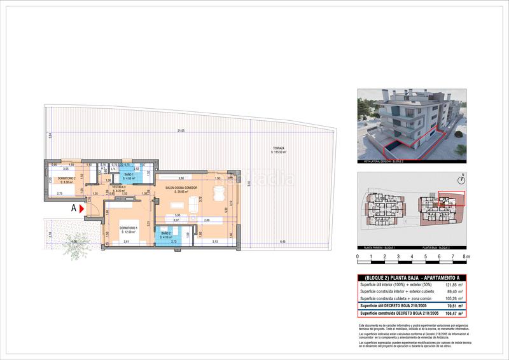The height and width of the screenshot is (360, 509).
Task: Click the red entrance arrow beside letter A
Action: [81, 207]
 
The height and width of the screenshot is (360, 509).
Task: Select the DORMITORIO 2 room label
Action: [66, 178]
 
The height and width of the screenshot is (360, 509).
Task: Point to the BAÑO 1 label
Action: [129, 175]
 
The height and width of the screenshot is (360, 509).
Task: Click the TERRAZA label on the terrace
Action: [278, 149]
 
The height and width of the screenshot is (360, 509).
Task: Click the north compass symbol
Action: [463, 179]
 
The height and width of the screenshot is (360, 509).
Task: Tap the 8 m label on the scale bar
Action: [467, 256]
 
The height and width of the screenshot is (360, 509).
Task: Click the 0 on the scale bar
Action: [358, 256]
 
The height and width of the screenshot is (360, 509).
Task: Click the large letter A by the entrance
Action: [73, 207]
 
